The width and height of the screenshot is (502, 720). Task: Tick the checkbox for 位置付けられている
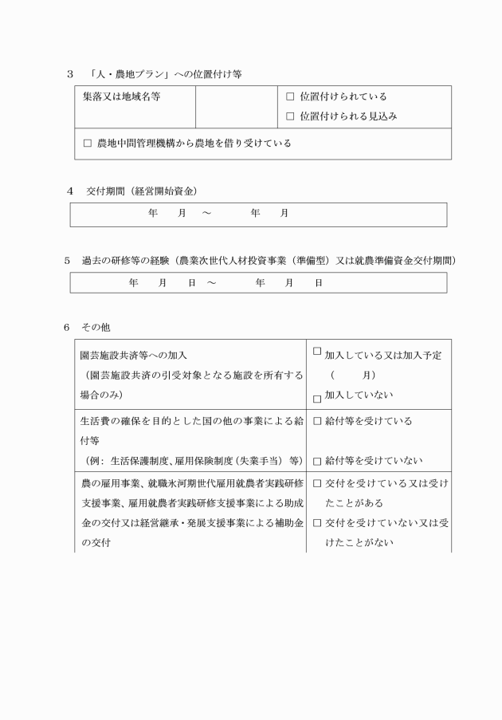[x=290, y=96]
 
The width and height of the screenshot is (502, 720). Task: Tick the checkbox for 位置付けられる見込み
[x=290, y=116]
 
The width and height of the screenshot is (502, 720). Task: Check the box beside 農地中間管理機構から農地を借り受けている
[x=88, y=144]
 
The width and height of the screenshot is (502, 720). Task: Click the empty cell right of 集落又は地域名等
[x=236, y=107]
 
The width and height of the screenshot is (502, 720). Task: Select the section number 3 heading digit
[x=70, y=74]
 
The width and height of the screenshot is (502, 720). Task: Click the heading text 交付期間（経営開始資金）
[x=142, y=191]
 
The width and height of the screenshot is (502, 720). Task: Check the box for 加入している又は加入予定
[x=317, y=351]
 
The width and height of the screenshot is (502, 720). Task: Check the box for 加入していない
[x=317, y=398]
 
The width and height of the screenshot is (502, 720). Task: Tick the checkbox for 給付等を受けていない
[x=317, y=461]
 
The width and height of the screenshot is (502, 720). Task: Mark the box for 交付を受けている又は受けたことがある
[x=317, y=483]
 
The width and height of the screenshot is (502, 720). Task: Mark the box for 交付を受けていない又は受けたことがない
[x=317, y=523]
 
